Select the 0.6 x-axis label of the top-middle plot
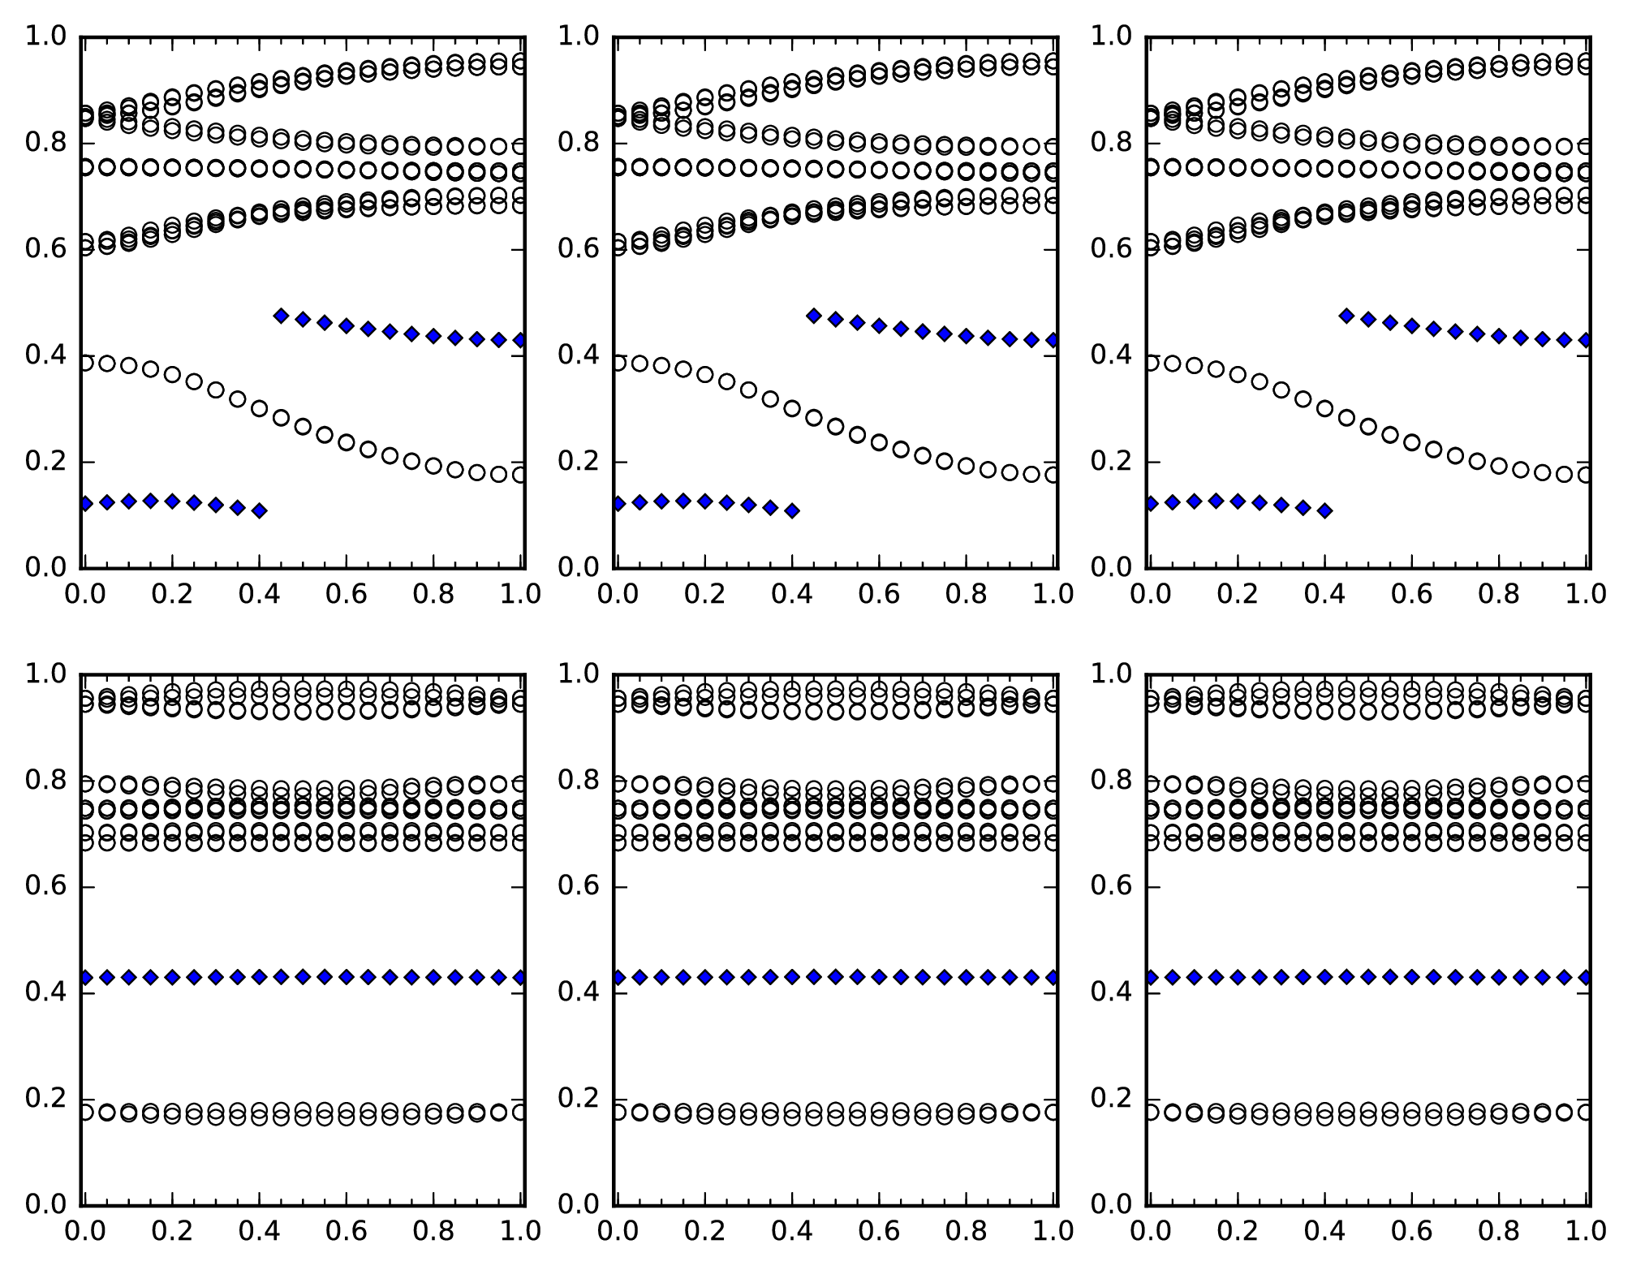point(878,595)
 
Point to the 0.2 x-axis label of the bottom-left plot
point(172,1232)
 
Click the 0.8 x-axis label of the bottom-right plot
point(1499,1232)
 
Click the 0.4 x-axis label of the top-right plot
point(1324,595)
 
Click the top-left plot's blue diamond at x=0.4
point(259,510)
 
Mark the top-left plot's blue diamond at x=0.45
point(281,316)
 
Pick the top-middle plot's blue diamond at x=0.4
point(792,510)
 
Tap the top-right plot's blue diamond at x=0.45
point(1346,316)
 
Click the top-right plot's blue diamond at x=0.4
point(1324,510)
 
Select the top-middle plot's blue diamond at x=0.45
point(814,316)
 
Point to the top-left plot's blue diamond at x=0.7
point(390,331)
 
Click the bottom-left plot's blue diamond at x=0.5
point(303,977)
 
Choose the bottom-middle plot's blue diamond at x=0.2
point(705,977)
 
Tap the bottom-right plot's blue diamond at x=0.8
point(1499,977)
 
